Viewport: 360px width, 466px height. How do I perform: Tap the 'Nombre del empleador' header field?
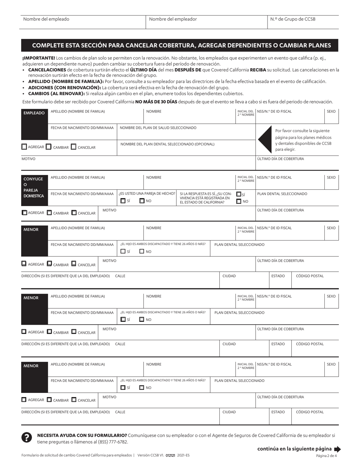(x=207, y=22)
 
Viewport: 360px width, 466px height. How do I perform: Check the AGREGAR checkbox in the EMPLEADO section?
(x=24, y=147)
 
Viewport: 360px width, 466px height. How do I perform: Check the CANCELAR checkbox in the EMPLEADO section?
(x=74, y=147)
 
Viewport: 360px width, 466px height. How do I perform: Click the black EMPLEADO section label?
(x=34, y=113)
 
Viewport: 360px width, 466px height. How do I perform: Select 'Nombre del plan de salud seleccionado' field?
(x=186, y=132)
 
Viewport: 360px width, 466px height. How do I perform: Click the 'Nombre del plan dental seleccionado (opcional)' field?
(x=186, y=148)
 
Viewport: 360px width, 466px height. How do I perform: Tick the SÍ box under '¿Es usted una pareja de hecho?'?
(x=123, y=201)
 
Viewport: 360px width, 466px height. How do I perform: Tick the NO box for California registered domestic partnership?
(x=238, y=201)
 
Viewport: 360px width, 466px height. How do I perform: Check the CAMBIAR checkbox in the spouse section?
(x=49, y=213)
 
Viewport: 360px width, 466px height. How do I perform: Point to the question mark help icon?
(x=26, y=437)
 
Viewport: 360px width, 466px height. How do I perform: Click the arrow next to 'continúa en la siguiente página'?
(x=337, y=449)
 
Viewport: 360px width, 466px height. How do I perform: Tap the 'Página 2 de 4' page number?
(x=326, y=456)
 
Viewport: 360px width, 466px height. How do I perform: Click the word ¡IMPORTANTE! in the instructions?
(x=38, y=58)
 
